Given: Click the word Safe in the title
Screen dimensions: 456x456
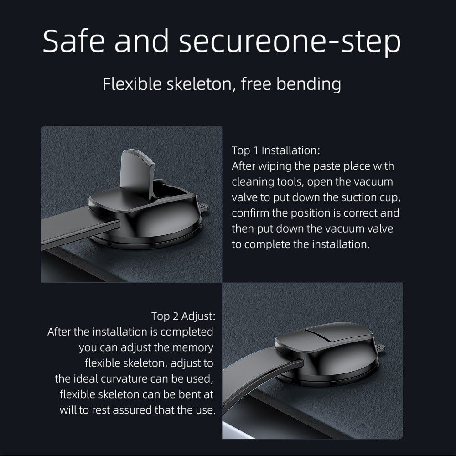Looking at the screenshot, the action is (74, 41).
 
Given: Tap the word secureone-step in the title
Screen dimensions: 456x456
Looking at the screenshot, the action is (290, 42).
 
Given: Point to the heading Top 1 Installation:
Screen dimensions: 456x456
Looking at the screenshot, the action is (276, 150).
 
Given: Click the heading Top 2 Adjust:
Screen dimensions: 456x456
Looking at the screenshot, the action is (183, 316).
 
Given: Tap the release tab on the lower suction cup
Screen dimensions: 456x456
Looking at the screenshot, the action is (380, 347).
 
